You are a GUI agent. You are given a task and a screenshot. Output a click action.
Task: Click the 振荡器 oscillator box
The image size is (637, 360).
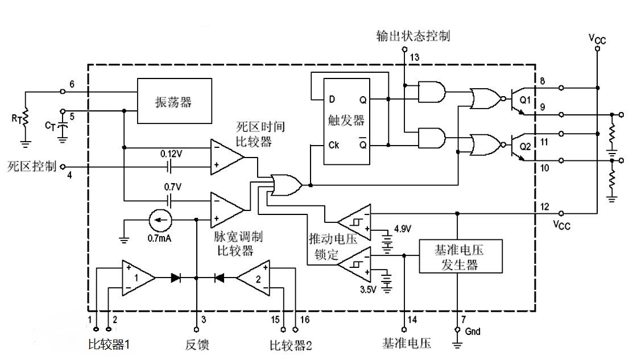174,102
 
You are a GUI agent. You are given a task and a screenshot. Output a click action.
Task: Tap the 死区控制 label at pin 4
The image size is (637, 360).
32,167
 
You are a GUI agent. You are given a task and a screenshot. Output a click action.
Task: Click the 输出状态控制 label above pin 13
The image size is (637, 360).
413,36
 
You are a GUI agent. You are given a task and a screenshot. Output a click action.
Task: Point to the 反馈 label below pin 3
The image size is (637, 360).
197,345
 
